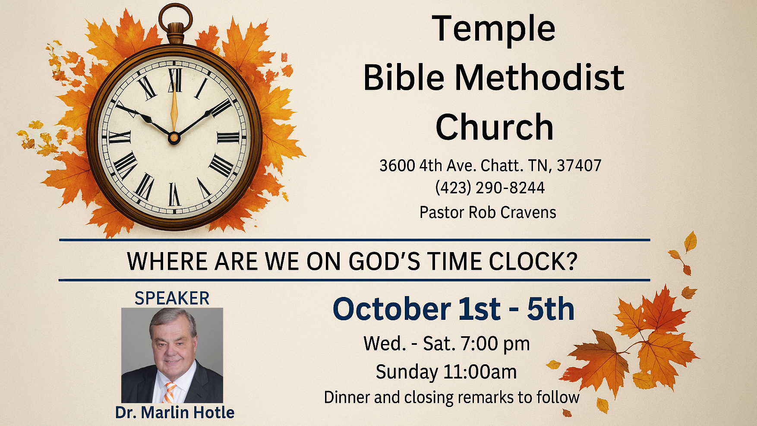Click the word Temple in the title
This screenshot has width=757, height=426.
[494, 29]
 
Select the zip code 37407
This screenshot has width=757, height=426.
[579, 166]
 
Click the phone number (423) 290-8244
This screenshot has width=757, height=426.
[490, 188]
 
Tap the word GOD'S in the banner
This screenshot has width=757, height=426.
[384, 261]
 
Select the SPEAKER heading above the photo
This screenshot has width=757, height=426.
[172, 298]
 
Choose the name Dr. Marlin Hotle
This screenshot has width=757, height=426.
[175, 413]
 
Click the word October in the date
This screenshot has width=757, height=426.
[392, 309]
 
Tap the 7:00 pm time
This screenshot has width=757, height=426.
[495, 344]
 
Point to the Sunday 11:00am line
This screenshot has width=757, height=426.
[446, 372]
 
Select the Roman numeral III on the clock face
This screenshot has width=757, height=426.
[228, 137]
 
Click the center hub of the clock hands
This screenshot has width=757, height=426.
[173, 138]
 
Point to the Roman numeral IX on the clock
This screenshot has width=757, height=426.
[120, 137]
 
